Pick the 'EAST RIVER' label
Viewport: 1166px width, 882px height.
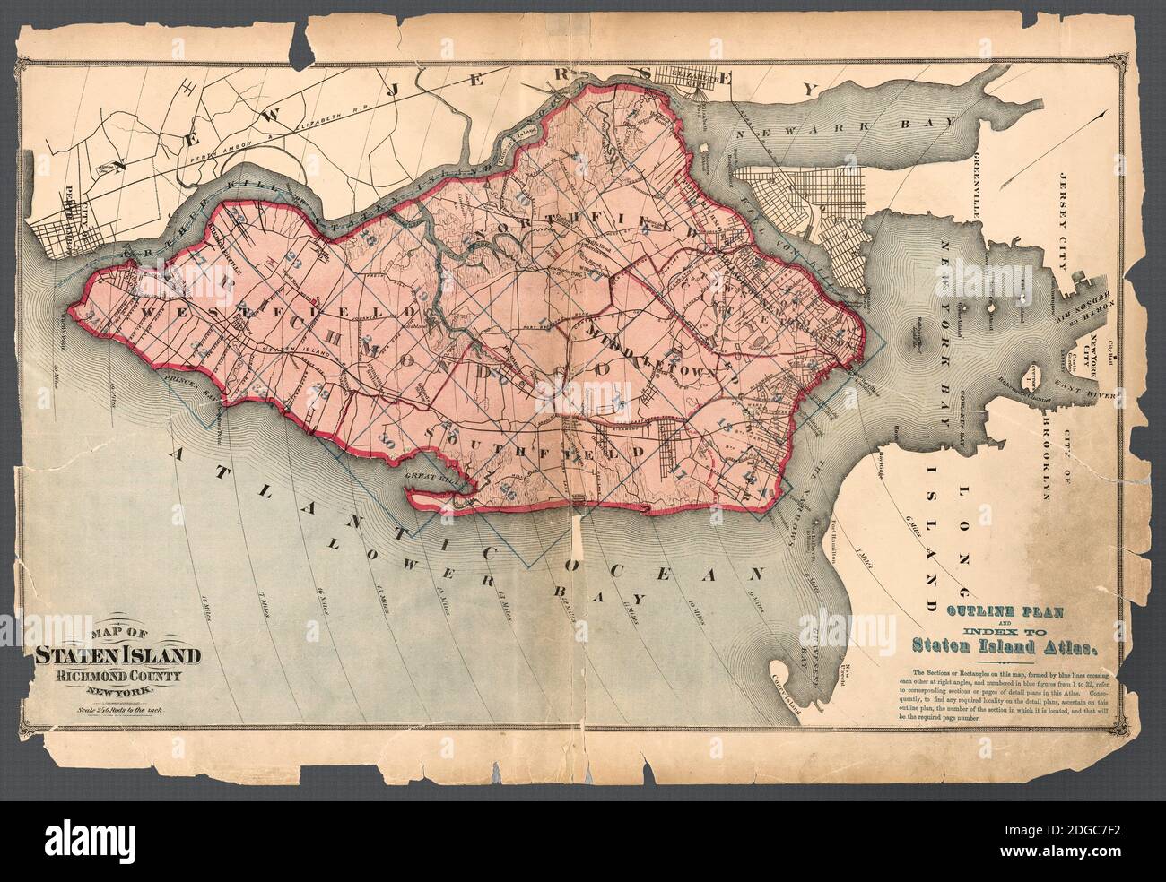coord(1103,392)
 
